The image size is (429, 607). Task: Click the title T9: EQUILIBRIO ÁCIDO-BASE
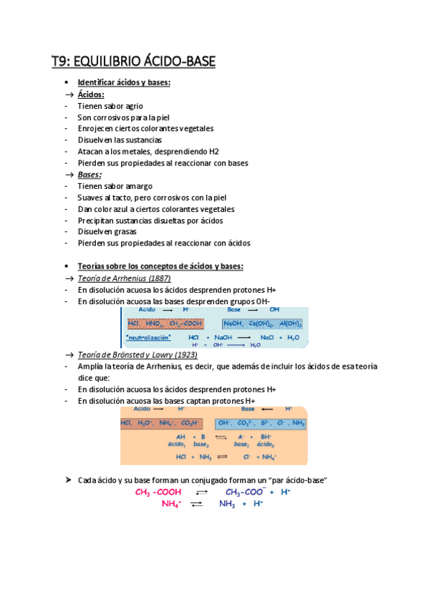[x=132, y=62]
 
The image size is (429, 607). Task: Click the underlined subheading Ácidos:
[x=91, y=94]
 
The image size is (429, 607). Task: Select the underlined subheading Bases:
[x=90, y=174]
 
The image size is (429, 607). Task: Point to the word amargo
[x=138, y=186]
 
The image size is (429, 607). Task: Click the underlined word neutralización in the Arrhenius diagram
[x=148, y=336]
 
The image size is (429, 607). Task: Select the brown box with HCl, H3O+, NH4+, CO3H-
[x=161, y=424]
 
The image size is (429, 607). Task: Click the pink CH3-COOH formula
[x=158, y=492]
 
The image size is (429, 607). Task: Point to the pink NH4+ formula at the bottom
[x=171, y=504]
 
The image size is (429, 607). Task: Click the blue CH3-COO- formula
[x=246, y=492]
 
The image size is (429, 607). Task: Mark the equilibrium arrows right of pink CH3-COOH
[x=201, y=492]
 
